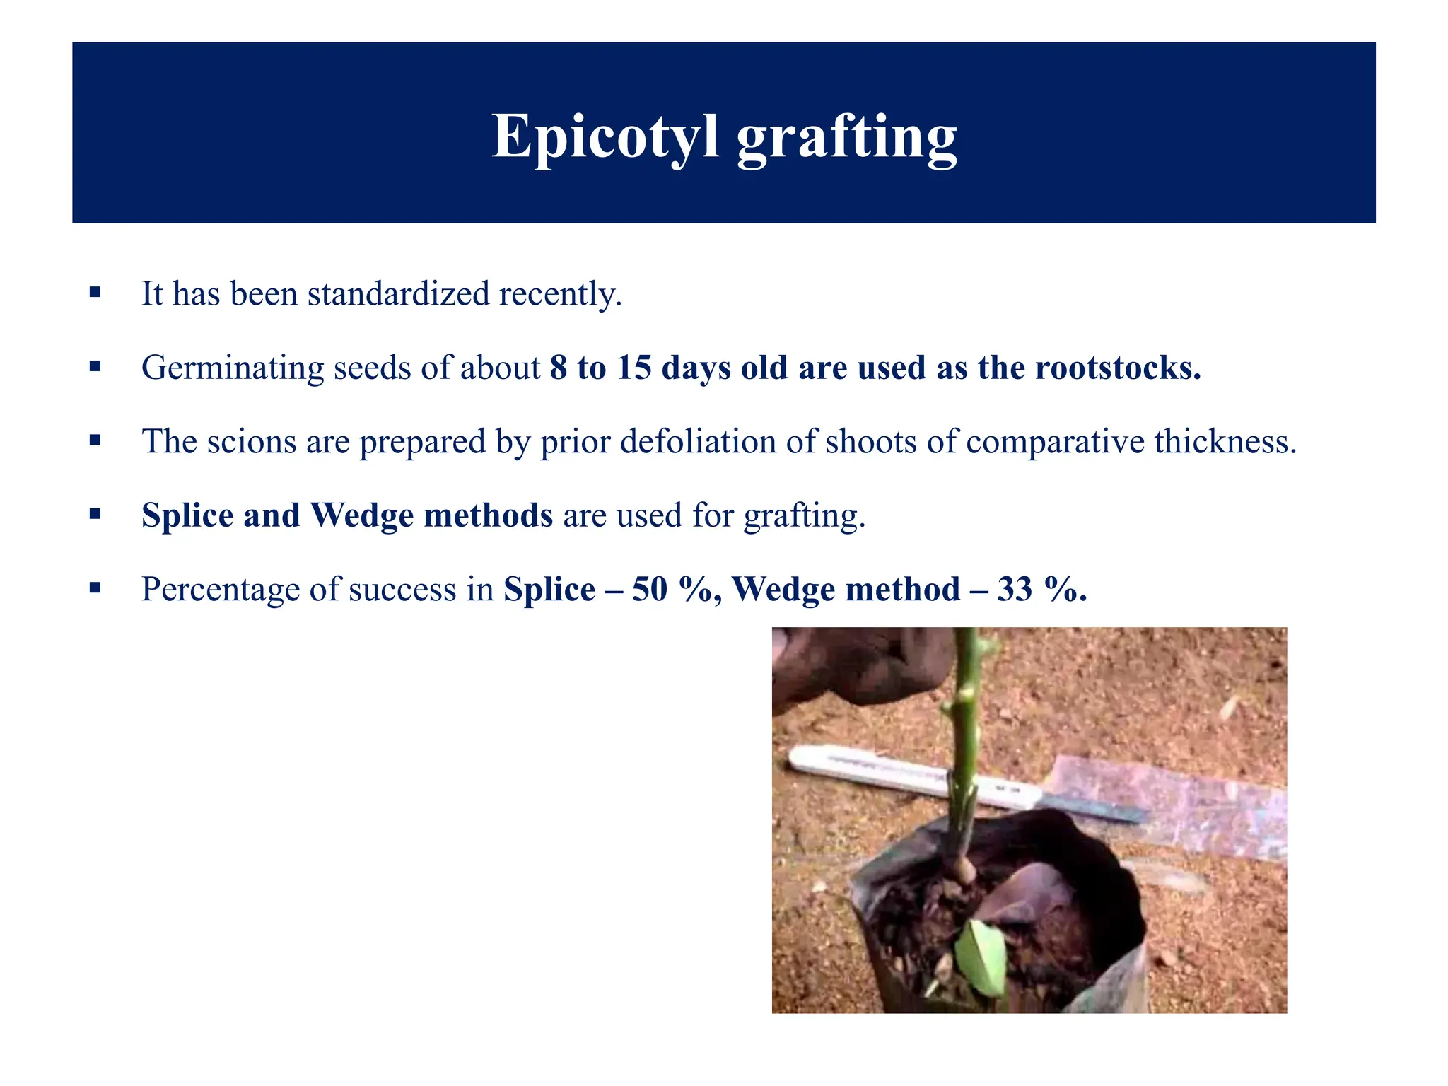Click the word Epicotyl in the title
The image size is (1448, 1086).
(605, 136)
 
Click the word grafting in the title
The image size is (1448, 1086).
(847, 137)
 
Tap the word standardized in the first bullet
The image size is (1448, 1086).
(398, 294)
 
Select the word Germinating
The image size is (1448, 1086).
(233, 368)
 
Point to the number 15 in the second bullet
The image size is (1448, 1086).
(633, 368)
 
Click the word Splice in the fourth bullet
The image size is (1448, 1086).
(187, 515)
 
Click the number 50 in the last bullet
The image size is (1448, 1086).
(650, 589)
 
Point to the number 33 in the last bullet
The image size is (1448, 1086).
(1015, 589)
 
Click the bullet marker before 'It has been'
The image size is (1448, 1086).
(95, 292)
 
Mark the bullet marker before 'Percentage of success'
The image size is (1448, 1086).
(95, 587)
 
